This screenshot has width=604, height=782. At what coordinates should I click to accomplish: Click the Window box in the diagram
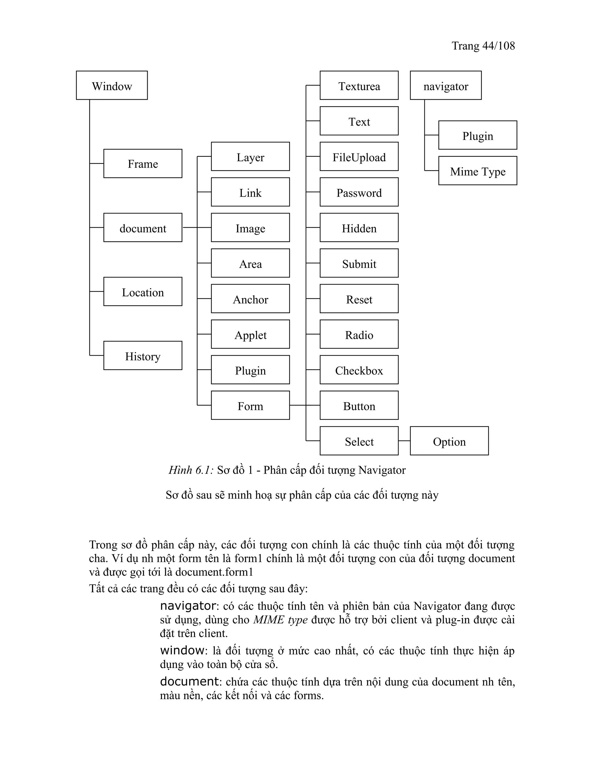click(112, 85)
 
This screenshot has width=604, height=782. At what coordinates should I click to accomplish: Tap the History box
click(143, 356)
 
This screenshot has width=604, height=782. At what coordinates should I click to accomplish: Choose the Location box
click(143, 292)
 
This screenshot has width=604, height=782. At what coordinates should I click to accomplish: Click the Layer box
click(250, 156)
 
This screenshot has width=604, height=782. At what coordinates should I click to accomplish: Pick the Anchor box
click(250, 299)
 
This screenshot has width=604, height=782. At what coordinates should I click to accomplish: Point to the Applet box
click(250, 334)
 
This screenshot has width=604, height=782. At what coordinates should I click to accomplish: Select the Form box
click(250, 405)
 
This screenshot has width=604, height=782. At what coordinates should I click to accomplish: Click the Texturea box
click(359, 85)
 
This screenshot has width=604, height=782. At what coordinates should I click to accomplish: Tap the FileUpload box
click(359, 156)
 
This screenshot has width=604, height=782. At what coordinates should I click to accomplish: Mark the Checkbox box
click(359, 370)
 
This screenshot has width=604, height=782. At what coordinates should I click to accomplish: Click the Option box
click(449, 441)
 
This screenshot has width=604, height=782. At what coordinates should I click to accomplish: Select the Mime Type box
click(478, 171)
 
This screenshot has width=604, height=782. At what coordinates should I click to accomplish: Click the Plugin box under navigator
click(478, 135)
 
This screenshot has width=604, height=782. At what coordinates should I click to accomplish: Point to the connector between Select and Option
click(404, 441)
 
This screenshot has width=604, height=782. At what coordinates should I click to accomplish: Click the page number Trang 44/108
click(483, 46)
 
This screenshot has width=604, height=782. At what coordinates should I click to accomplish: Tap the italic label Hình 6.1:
click(191, 470)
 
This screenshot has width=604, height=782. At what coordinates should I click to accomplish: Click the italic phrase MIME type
click(280, 620)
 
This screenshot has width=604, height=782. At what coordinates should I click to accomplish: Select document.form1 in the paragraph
click(214, 572)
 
